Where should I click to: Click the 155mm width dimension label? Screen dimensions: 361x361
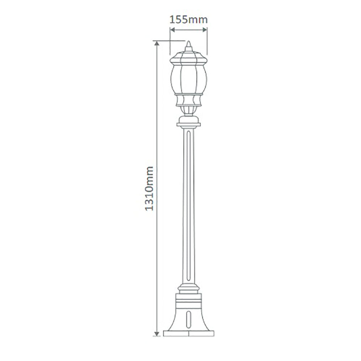(x=188, y=19)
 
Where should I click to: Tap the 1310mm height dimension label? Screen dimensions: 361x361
(x=149, y=189)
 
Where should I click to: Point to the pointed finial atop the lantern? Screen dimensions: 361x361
(x=188, y=46)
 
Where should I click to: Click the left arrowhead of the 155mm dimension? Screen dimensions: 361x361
(x=172, y=30)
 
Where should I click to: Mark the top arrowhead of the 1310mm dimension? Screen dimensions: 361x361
(x=157, y=44)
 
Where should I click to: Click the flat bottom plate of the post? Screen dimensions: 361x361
(x=188, y=333)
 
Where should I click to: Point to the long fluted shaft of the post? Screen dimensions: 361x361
(x=188, y=206)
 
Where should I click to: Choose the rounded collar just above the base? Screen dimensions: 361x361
(x=188, y=289)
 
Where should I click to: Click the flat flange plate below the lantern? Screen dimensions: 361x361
(x=188, y=125)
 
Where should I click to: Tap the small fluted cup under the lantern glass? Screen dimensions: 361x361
(x=188, y=110)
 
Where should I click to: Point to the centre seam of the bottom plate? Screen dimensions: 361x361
(x=188, y=333)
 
